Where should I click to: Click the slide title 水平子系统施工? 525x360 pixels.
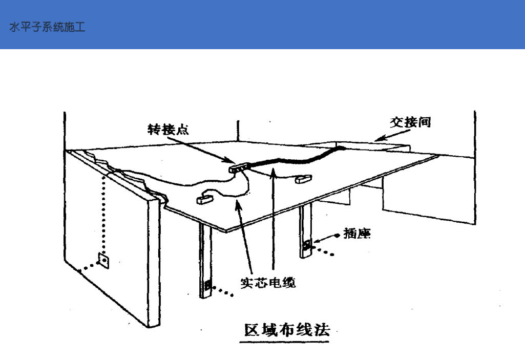(47, 27)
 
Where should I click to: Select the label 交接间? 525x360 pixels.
(410, 122)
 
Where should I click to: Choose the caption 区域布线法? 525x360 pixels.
(285, 330)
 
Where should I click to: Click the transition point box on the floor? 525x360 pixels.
(239, 166)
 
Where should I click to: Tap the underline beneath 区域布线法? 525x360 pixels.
(285, 342)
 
